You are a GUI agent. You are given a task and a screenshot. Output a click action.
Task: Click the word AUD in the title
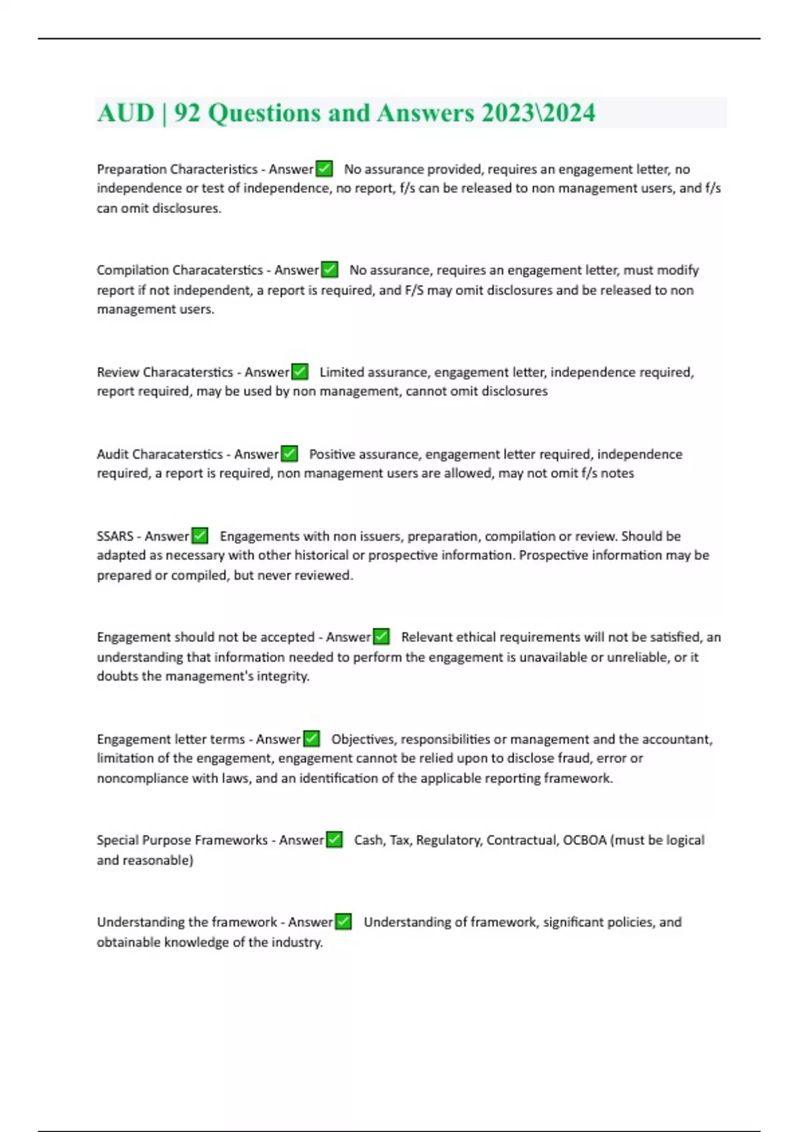coord(125,113)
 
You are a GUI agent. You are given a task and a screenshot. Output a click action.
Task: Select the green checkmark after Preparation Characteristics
coord(324,169)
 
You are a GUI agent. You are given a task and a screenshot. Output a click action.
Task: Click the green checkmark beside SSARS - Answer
coord(200,536)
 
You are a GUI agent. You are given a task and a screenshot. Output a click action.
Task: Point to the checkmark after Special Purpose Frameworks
coord(334,840)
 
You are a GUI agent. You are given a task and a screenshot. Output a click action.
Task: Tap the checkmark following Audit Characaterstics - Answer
coord(290,454)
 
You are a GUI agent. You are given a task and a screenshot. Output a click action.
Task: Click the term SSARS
coord(115,536)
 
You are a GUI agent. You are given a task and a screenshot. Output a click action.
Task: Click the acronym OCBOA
coord(585,840)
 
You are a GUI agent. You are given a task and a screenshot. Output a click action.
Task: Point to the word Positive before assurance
coord(331,454)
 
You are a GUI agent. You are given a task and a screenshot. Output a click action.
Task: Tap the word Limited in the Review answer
coord(342,372)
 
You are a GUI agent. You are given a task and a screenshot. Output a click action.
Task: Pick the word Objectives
coord(363,739)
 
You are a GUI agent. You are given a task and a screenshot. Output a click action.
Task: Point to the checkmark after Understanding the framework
coord(343,922)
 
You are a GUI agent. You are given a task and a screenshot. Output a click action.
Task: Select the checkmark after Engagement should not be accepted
coord(381,637)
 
